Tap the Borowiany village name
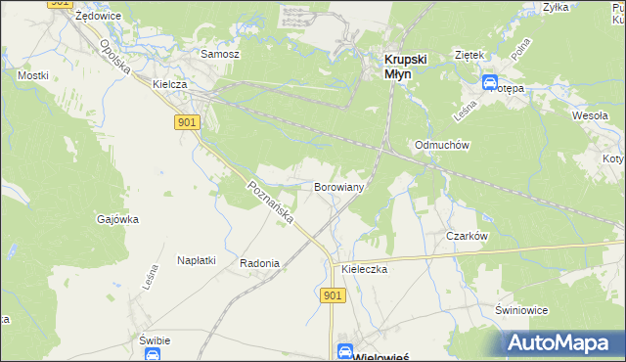[339, 186]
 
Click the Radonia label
[260, 263]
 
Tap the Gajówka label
[117, 219]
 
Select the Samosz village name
[219, 54]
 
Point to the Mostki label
[32, 74]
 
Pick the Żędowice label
[97, 17]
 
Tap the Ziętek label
[470, 55]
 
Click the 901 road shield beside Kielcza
[189, 121]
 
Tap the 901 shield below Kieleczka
[332, 294]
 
